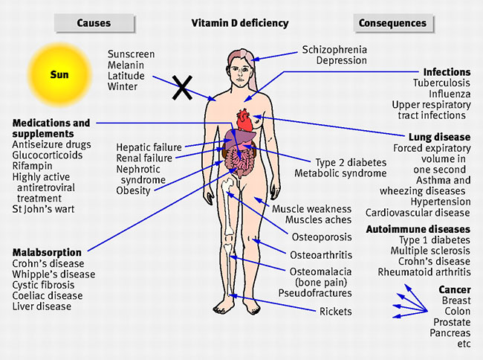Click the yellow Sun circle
pos(59,75)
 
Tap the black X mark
pos(182,88)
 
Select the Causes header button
pos(94,23)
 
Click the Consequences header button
pos(393,23)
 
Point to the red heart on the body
pos(245,120)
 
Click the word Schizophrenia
pos(334,50)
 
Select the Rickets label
pos(335,312)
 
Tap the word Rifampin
pos(33,166)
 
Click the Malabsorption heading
pos(47,252)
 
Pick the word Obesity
pos(133,191)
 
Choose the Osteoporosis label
pos(322,237)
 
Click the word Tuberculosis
pos(441,83)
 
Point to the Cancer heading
pos(455,290)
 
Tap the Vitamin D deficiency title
pos(240,23)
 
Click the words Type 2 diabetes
pos(351,162)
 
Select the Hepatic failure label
pos(149,147)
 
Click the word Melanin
pos(126,65)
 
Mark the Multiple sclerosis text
pos(430,251)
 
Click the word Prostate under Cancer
pos(452,322)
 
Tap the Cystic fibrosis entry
pos(43,285)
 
